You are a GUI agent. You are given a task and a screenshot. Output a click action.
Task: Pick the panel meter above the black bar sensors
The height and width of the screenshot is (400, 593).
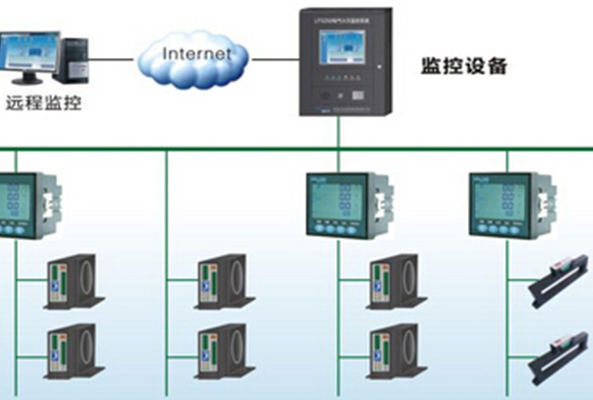point(501,206)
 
